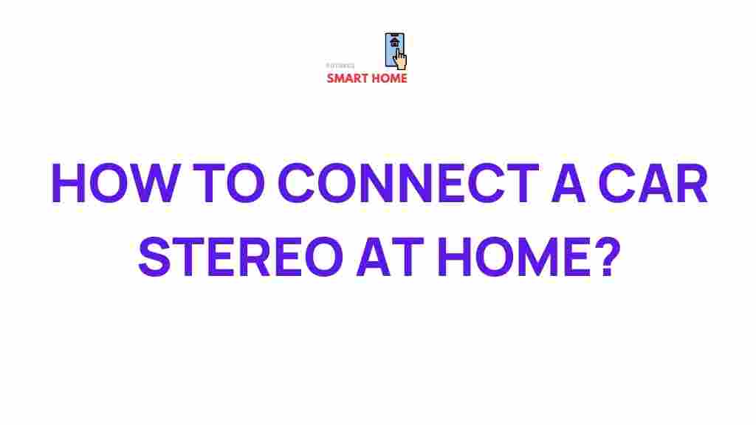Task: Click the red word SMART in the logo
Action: (348, 78)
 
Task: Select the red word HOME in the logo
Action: (390, 78)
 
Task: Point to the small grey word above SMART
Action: (340, 66)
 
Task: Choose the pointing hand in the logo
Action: (400, 59)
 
